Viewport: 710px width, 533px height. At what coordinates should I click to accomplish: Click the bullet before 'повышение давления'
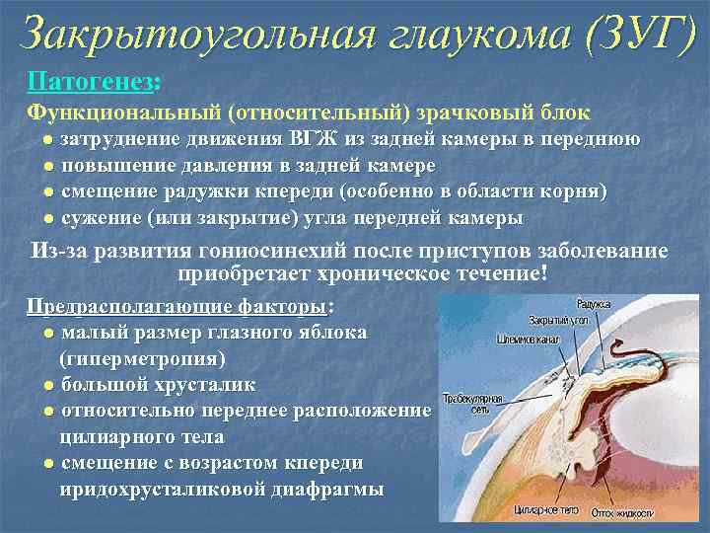click(47, 167)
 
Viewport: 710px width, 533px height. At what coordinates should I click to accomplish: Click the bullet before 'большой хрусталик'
click(47, 384)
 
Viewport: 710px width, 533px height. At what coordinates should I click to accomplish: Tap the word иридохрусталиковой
click(167, 489)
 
